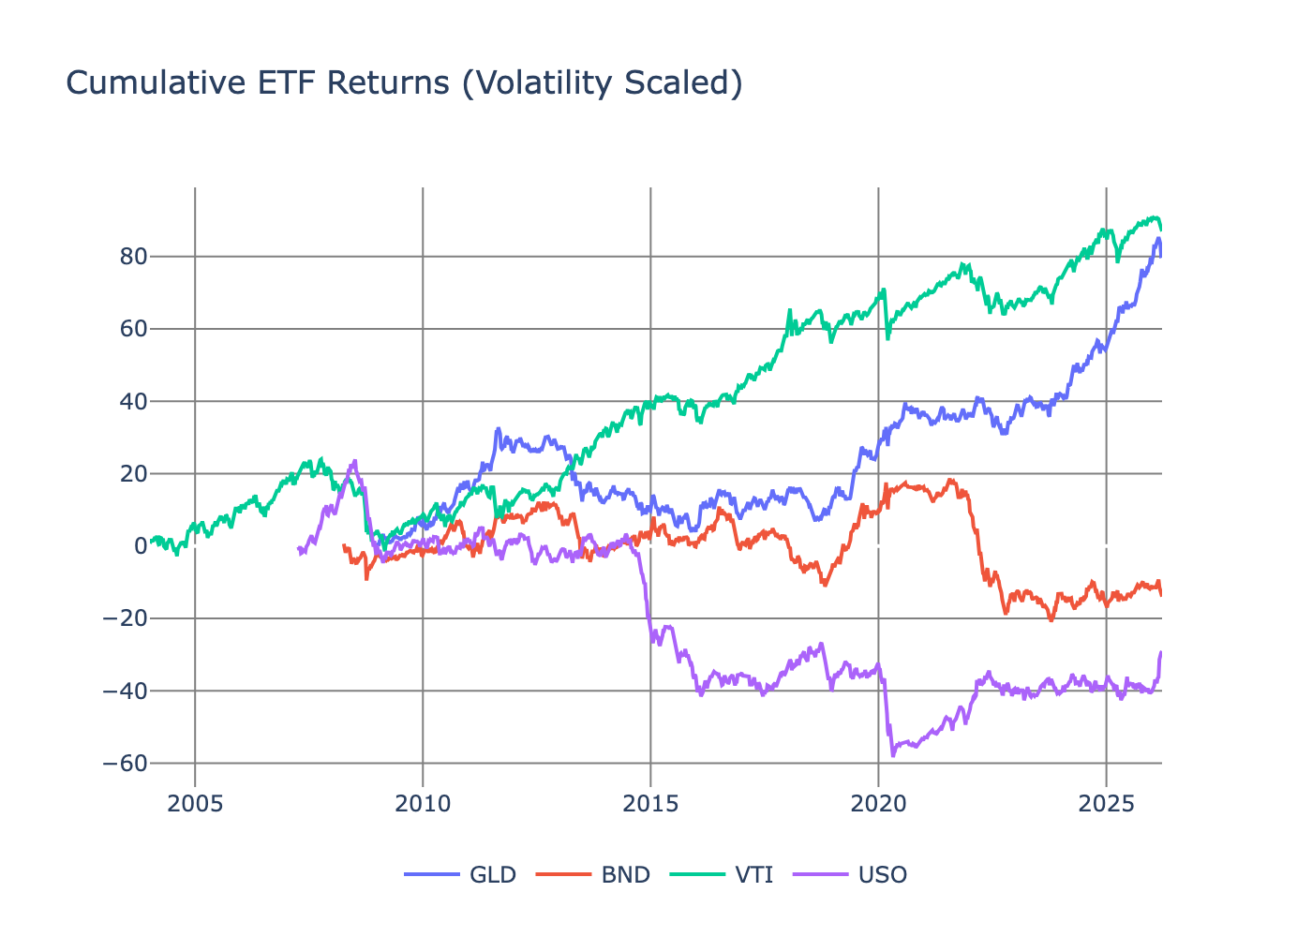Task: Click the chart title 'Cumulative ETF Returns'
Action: (x=404, y=83)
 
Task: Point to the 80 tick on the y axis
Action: (x=133, y=257)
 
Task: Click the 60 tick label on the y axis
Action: (x=133, y=329)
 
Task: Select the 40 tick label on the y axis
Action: (x=133, y=402)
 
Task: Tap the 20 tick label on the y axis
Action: (x=133, y=474)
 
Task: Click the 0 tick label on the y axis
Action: (x=141, y=546)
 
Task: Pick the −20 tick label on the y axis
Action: (x=126, y=618)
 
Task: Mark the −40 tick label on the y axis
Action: (x=126, y=692)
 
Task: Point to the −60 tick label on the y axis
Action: (x=126, y=764)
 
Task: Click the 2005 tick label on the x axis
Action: (x=195, y=804)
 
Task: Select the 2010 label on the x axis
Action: (x=423, y=804)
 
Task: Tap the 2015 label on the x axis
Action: (x=650, y=804)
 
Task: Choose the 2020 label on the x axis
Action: (x=878, y=804)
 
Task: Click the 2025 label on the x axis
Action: (x=1106, y=804)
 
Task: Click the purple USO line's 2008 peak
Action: (x=353, y=461)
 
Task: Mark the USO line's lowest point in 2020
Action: (x=892, y=755)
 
